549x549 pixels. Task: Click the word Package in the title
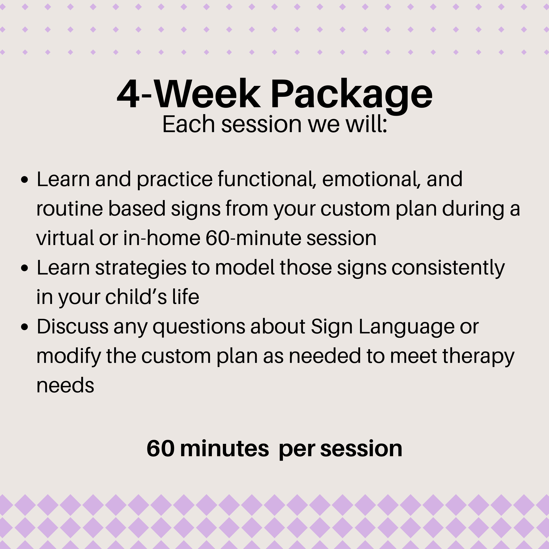click(352, 94)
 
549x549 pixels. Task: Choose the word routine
click(69, 209)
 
